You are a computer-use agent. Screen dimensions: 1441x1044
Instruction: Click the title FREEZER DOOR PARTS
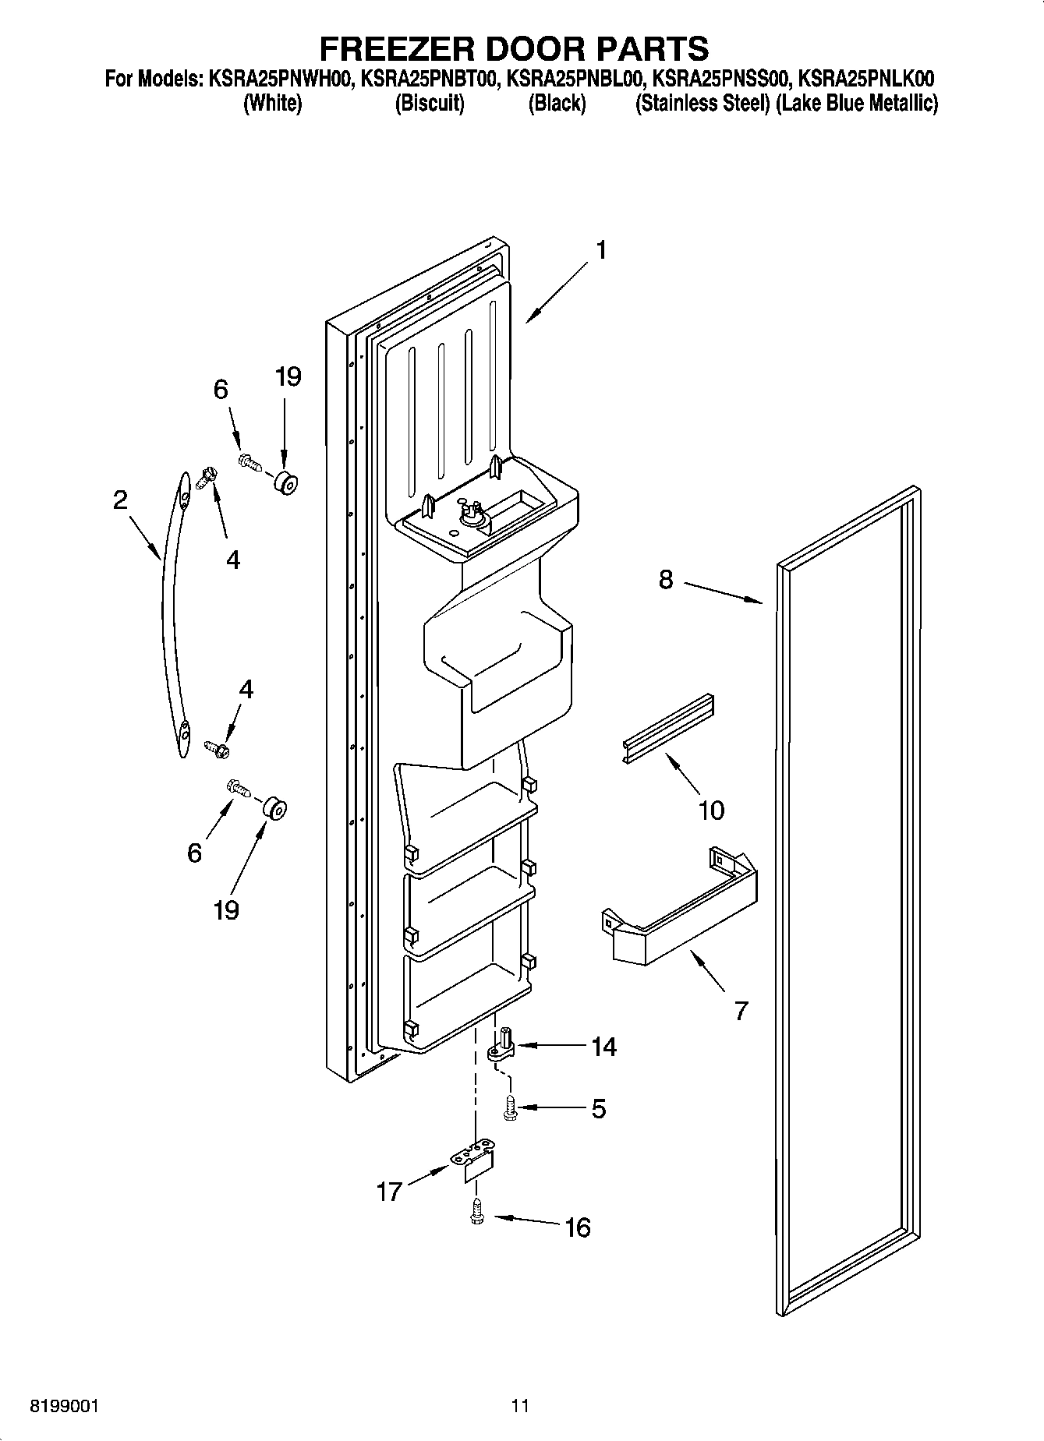(515, 48)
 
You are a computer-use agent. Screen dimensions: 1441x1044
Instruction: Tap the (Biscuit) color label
(430, 104)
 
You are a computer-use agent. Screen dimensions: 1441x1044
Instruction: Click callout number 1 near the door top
(600, 251)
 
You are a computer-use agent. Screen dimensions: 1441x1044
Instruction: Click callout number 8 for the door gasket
(665, 580)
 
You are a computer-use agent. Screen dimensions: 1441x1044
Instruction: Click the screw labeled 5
(511, 1107)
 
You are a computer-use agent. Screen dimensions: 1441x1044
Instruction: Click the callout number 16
(577, 1227)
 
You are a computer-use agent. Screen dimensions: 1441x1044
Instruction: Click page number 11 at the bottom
(520, 1406)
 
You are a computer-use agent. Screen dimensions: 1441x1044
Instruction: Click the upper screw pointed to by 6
(249, 461)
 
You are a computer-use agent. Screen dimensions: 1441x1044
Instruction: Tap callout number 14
(603, 1047)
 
